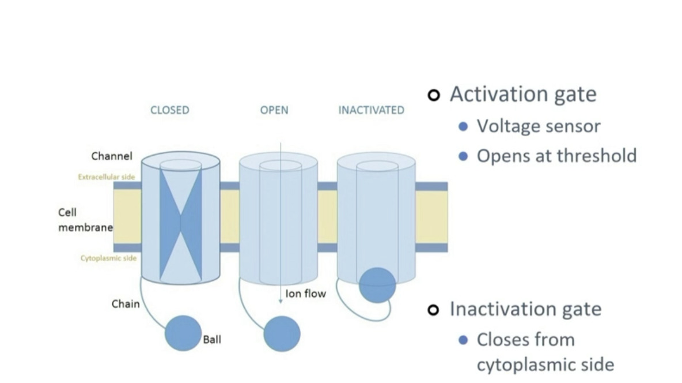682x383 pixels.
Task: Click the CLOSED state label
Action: point(169,110)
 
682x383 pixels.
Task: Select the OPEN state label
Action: point(274,110)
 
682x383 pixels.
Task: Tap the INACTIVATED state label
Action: point(371,110)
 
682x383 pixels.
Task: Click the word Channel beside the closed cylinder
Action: point(112,156)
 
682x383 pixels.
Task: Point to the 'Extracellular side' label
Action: point(107,177)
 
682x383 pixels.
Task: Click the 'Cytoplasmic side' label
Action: point(108,258)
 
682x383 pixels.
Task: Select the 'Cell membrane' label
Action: point(85,220)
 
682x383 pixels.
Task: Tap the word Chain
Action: point(126,303)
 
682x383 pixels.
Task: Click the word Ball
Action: point(212,339)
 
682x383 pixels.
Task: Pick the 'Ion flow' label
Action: point(305,294)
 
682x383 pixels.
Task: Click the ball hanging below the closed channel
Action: point(183,333)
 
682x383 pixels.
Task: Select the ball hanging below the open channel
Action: point(282,334)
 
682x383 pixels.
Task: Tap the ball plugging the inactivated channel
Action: point(377,285)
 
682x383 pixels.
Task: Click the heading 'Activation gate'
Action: point(523,94)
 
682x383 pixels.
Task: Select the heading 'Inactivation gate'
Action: point(525,309)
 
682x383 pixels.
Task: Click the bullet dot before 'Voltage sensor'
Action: point(463,126)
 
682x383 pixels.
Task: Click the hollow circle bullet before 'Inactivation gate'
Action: point(434,310)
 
